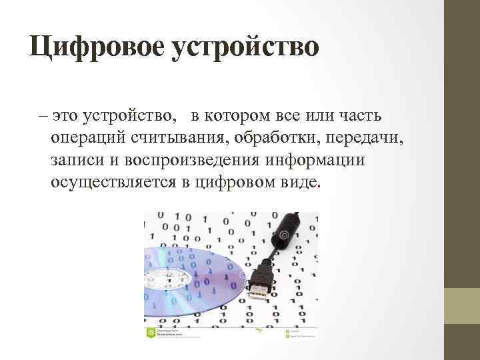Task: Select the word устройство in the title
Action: click(246, 48)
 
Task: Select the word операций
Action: click(83, 139)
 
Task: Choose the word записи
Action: click(73, 161)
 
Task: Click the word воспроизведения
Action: click(185, 161)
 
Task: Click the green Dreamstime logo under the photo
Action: click(151, 331)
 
